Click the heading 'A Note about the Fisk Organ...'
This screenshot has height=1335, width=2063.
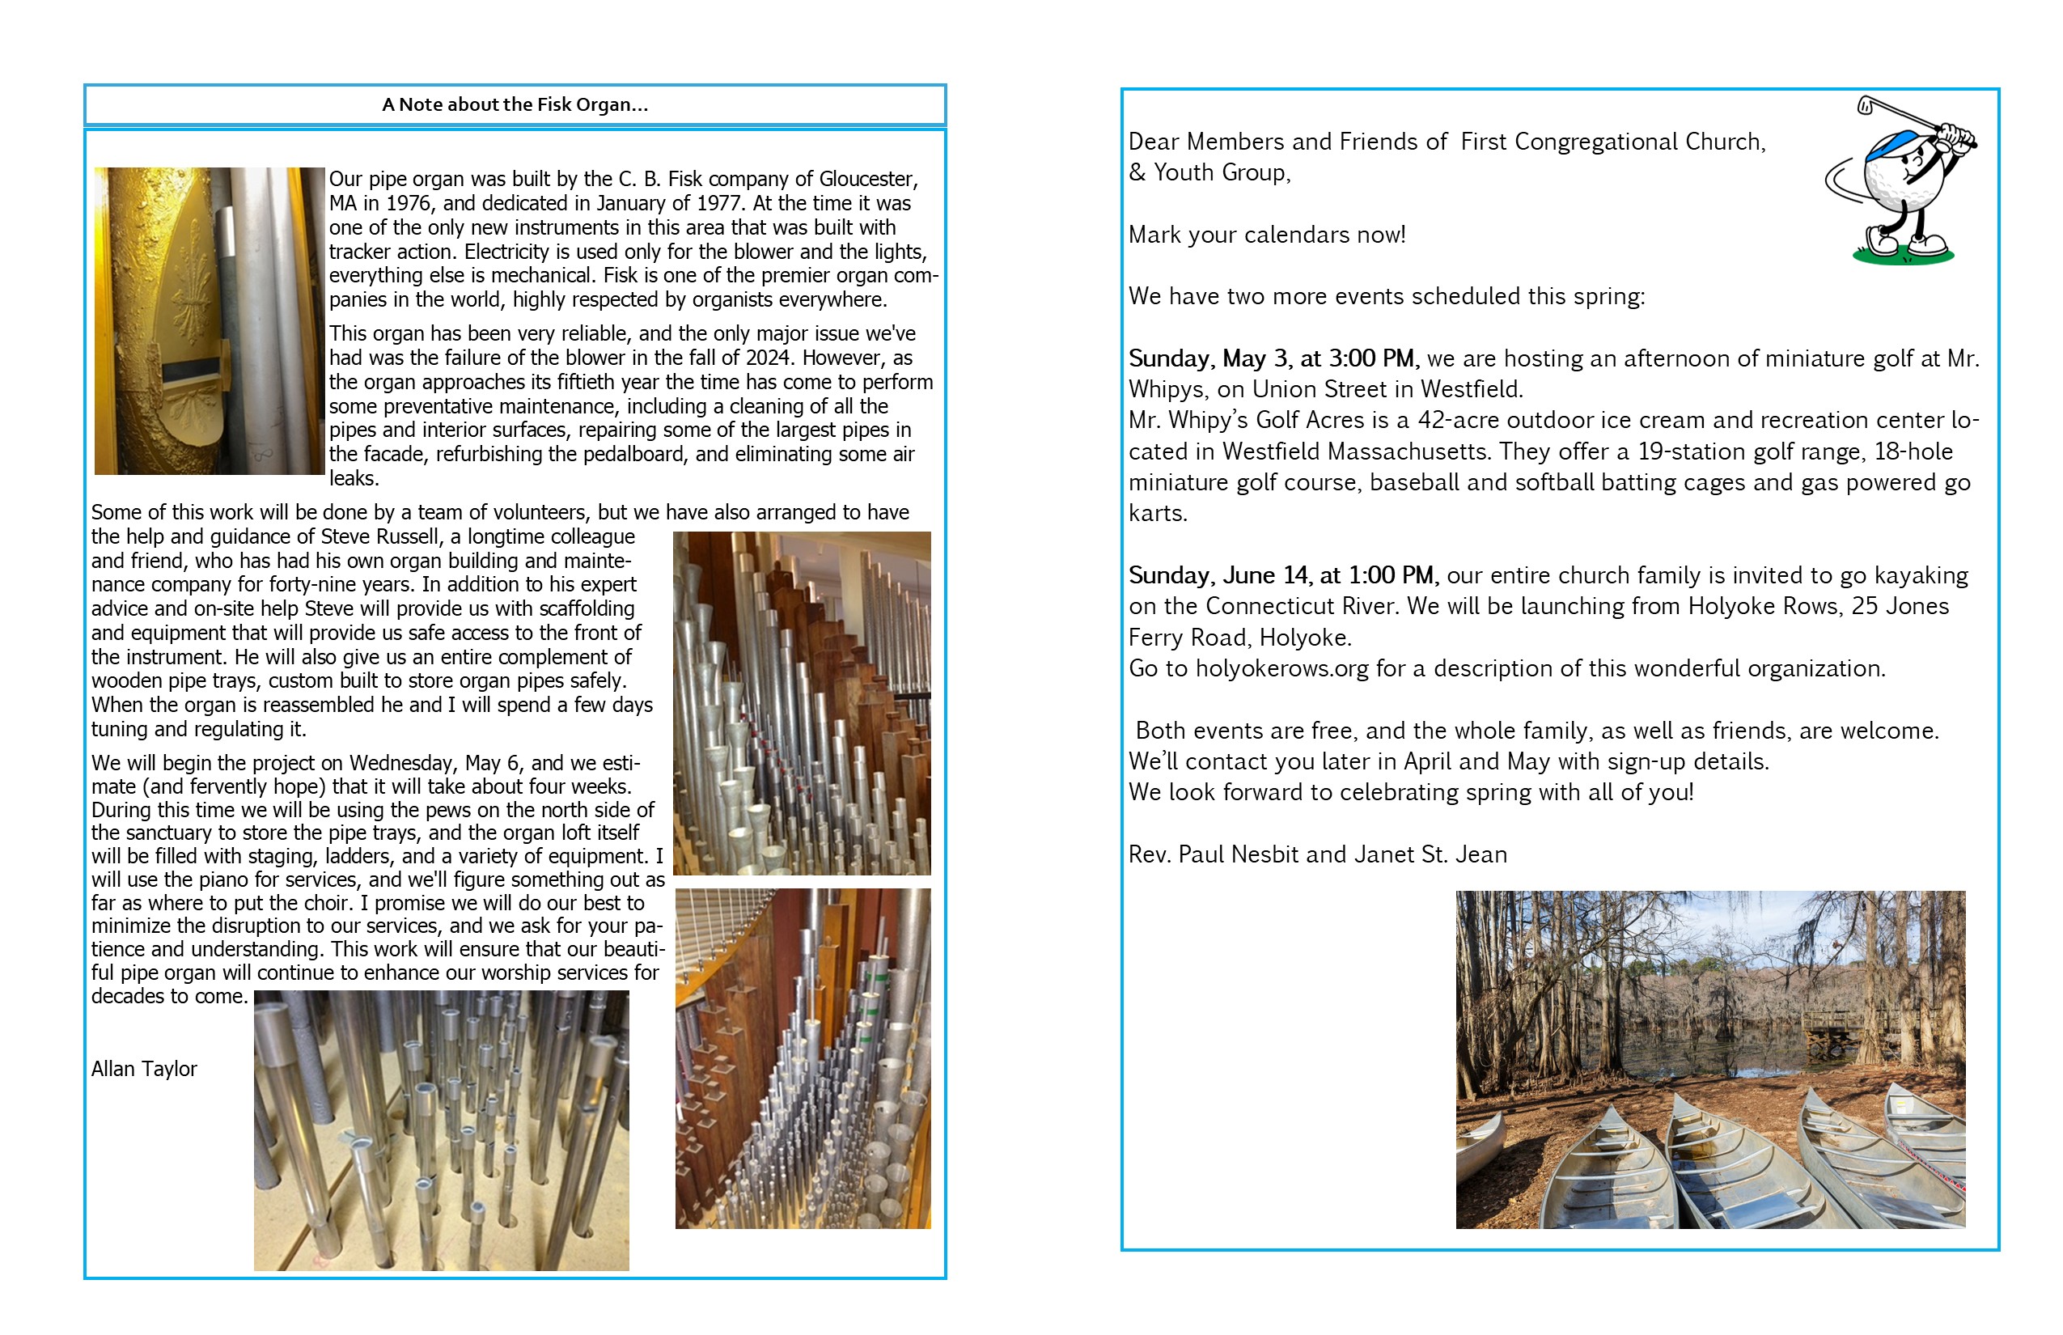point(515,105)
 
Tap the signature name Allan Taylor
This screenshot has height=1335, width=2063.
point(144,1069)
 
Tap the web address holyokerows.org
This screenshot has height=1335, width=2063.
point(1282,669)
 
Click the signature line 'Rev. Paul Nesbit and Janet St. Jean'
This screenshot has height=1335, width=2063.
point(1317,854)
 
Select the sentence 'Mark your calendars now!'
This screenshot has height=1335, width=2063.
point(1266,235)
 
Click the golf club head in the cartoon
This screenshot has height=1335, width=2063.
point(1865,107)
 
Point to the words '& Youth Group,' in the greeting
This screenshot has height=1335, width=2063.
point(1209,173)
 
